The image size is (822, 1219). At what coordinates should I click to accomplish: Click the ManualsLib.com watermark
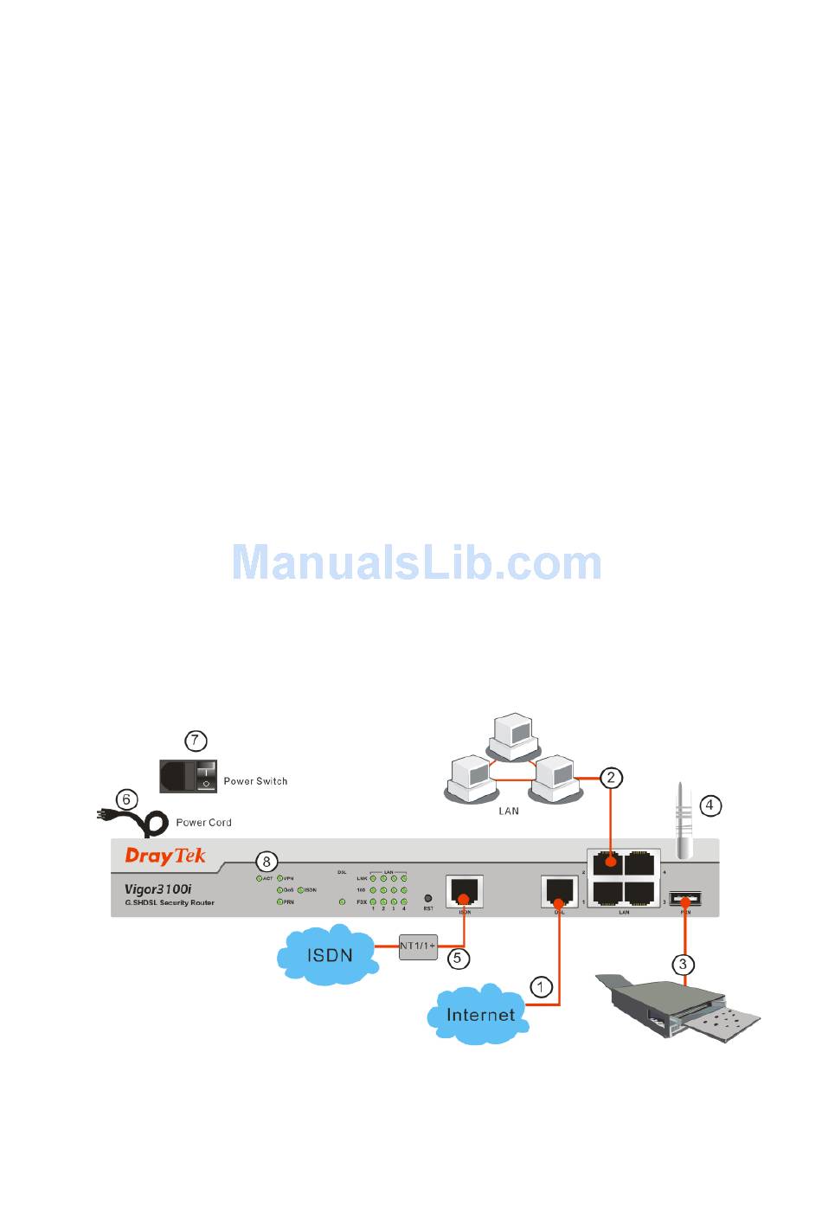416,562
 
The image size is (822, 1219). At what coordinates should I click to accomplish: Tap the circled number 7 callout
196,741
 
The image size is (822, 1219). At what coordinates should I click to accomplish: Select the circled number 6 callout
126,799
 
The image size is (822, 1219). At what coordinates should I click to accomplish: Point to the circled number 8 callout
267,861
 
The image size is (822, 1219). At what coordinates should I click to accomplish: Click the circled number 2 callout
611,777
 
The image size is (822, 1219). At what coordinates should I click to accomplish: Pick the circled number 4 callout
710,805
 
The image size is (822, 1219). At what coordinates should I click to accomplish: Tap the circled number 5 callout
458,958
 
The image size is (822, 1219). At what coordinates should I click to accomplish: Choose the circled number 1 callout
541,987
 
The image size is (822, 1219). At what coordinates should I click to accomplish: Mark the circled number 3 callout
683,964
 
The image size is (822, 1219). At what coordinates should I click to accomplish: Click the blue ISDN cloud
328,955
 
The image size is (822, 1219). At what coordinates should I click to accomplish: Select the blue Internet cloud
479,1014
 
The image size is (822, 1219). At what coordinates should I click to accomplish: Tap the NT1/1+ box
418,946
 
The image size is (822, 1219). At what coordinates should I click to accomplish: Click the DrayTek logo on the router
165,856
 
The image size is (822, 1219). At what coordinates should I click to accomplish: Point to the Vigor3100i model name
157,889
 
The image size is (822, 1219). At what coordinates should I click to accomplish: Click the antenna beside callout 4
684,822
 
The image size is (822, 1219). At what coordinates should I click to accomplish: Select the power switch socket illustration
188,776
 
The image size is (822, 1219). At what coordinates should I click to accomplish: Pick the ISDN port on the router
465,891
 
